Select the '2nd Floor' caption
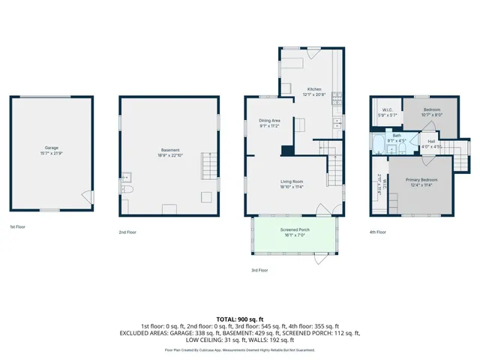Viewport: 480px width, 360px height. pyautogui.click(x=127, y=232)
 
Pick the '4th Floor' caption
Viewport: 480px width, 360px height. pyautogui.click(x=378, y=232)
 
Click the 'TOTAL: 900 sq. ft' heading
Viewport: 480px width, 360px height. pyautogui.click(x=239, y=319)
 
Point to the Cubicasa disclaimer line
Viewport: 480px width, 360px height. pyautogui.click(x=239, y=349)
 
